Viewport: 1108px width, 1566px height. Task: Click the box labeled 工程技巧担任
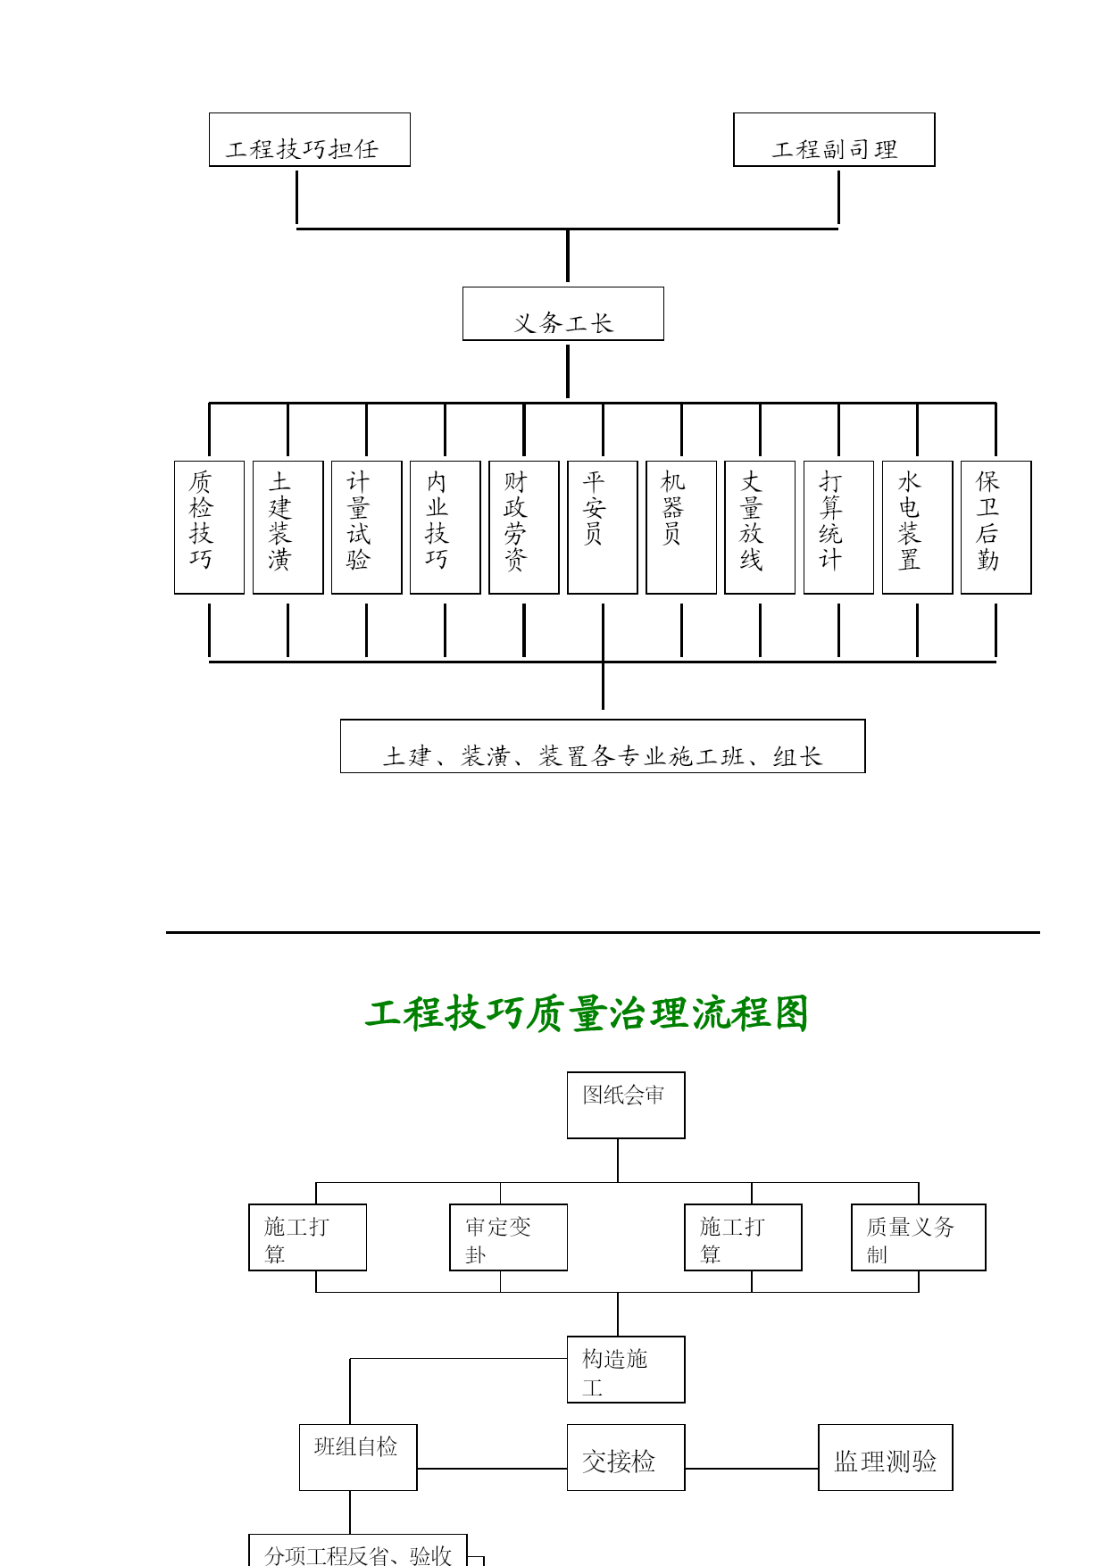click(x=309, y=139)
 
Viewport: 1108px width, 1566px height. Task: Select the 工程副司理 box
click(x=834, y=139)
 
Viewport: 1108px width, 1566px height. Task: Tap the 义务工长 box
click(x=562, y=313)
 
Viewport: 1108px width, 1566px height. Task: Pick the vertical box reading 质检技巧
click(x=209, y=527)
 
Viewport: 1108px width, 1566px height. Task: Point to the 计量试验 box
click(x=366, y=527)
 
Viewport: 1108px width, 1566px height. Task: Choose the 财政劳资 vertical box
click(x=524, y=527)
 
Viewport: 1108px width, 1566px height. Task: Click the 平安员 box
click(x=603, y=527)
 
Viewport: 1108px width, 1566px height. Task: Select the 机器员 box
click(x=681, y=527)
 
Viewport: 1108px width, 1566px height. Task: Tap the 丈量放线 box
click(x=760, y=527)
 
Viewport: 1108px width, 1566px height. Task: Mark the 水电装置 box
click(x=917, y=527)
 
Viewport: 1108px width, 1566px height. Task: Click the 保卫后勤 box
click(x=996, y=527)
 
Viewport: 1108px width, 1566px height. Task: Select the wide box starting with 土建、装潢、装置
click(x=603, y=746)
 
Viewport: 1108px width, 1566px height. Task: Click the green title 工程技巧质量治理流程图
click(x=587, y=1013)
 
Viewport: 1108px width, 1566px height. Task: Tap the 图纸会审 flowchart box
click(x=626, y=1105)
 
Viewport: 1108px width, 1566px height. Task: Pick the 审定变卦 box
click(x=508, y=1237)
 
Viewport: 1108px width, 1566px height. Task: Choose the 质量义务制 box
click(x=918, y=1237)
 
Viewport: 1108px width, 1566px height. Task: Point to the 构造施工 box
click(x=626, y=1370)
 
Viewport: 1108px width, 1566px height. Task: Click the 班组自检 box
click(x=358, y=1457)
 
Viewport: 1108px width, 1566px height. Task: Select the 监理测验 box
click(x=886, y=1457)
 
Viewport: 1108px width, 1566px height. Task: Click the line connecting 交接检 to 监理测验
click(x=752, y=1468)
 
